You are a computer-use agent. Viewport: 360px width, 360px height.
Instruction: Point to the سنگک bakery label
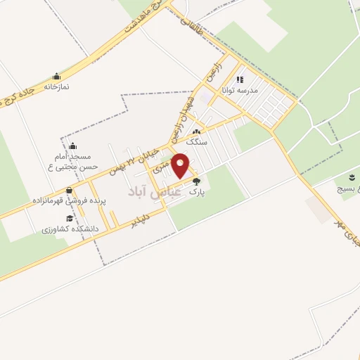197,141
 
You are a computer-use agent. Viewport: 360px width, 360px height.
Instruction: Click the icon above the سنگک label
197,131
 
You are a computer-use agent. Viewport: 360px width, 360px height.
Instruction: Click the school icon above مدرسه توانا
240,80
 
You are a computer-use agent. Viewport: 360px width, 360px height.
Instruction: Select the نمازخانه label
56,86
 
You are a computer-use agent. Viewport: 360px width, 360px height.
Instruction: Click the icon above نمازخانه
56,77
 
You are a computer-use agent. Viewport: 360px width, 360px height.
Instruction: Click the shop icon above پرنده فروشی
68,191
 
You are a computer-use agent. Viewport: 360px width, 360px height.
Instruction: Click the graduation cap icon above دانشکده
69,219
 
